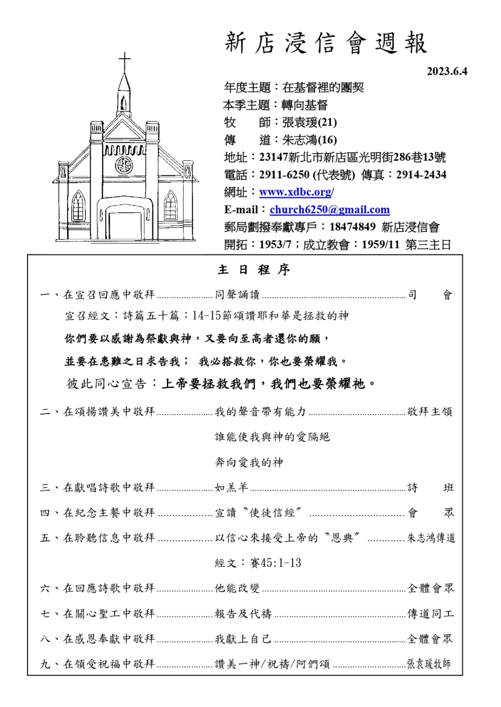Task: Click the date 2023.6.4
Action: click(446, 72)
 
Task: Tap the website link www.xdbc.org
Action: click(295, 192)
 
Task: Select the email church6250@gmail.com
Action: click(330, 210)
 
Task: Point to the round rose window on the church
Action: click(124, 165)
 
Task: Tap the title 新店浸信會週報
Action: click(326, 43)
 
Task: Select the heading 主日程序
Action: click(254, 270)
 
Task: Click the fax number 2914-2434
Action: click(421, 175)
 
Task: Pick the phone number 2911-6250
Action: click(284, 175)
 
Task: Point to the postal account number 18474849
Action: click(352, 227)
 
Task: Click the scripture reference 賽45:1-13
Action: click(276, 563)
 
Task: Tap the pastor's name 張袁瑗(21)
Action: click(310, 123)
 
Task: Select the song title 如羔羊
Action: click(231, 488)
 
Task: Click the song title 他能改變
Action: click(237, 588)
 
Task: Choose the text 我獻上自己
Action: click(243, 639)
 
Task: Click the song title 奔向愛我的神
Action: click(249, 463)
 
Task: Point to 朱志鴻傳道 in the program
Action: click(431, 538)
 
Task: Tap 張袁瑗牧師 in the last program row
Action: click(429, 664)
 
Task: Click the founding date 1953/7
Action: click(275, 245)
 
